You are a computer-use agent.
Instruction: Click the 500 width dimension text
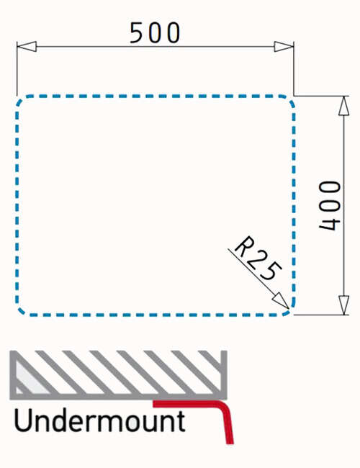point(155,33)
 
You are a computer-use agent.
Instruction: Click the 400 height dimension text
point(330,206)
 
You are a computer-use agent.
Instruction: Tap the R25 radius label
point(258,258)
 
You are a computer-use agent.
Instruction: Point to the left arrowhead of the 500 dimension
point(27,47)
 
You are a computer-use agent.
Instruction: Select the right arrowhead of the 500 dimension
point(284,47)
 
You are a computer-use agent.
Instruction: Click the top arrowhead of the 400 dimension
point(344,106)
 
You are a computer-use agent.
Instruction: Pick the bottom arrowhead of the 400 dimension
point(344,305)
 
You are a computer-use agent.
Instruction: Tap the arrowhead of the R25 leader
point(281,300)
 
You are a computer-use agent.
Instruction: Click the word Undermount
point(99,420)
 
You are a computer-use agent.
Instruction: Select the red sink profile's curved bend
point(225,408)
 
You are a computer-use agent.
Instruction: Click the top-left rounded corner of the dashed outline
point(22,101)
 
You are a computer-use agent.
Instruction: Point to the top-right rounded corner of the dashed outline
point(289,100)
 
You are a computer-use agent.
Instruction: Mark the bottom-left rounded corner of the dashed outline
point(22,310)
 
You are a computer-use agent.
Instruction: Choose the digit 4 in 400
point(330,222)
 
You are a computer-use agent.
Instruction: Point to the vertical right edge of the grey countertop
point(224,374)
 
